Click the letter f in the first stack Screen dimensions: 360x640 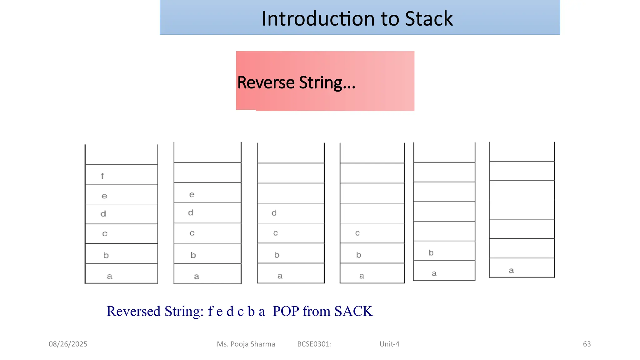coord(102,176)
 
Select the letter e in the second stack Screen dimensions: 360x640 coord(192,195)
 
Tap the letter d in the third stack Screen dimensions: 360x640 coord(274,213)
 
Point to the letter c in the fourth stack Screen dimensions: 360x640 coord(357,233)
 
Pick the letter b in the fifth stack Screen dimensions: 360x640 coord(431,252)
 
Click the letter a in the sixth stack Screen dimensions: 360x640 coord(511,271)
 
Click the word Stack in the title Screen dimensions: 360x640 coord(429,19)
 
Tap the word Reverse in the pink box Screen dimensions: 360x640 coord(266,83)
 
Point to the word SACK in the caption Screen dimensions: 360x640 coord(353,311)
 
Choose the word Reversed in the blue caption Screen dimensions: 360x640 coord(133,311)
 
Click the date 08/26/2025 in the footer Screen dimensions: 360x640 coord(68,344)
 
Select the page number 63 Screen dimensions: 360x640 coord(587,344)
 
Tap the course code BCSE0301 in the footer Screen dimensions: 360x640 coord(314,344)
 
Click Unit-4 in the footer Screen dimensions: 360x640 coord(389,344)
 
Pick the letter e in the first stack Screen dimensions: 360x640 coord(104,196)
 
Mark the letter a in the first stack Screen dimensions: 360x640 coord(109,276)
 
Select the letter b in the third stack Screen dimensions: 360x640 coord(277,255)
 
